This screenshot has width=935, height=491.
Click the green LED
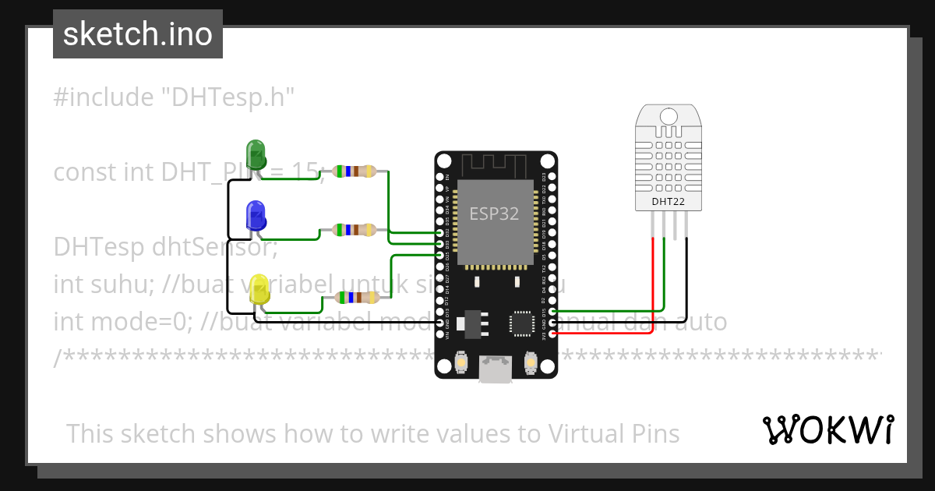[x=255, y=154]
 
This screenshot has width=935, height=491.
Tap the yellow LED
[x=259, y=289]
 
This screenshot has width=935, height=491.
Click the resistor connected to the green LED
[x=355, y=171]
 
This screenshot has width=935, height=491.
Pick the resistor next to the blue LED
[x=355, y=230]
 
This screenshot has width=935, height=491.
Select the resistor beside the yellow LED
[x=356, y=297]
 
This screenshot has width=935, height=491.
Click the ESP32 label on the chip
[x=494, y=214]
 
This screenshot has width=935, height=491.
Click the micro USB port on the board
[x=496, y=369]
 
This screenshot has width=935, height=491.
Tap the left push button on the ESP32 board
[x=460, y=362]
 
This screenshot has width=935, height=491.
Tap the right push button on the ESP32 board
[x=532, y=362]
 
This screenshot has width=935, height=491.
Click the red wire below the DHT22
[x=652, y=281]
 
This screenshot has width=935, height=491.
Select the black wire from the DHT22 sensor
[x=687, y=273]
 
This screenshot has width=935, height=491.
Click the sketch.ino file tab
[x=138, y=34]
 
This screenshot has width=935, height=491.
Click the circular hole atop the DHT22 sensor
[x=669, y=117]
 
